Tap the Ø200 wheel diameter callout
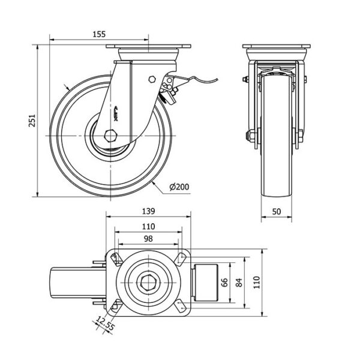(x=179, y=187)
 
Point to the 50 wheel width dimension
(x=277, y=211)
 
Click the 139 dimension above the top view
(x=149, y=211)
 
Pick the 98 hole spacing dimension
(x=148, y=239)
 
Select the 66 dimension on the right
(x=226, y=283)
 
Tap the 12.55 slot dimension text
(x=106, y=327)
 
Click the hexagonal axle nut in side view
(x=110, y=135)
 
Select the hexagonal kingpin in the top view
(x=148, y=282)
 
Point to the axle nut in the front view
(x=247, y=136)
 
